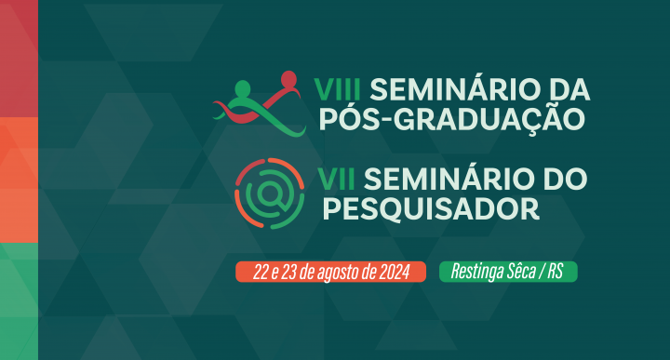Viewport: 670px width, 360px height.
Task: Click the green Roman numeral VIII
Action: pos(342,90)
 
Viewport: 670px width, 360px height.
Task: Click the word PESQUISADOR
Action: pos(431,208)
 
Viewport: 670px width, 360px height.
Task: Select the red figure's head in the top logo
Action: pos(288,78)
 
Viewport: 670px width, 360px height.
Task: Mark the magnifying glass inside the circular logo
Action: pos(270,193)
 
